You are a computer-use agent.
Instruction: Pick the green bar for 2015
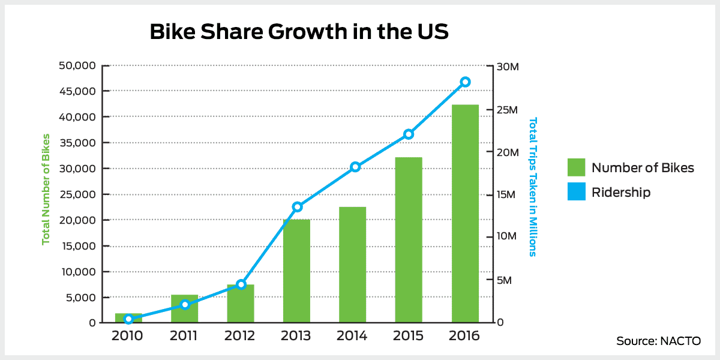click(x=409, y=240)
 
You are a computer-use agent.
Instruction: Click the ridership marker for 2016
click(x=465, y=82)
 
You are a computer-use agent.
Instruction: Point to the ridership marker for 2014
click(x=355, y=167)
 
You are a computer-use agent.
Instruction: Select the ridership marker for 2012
click(x=241, y=284)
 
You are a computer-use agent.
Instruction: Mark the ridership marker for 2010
click(x=128, y=319)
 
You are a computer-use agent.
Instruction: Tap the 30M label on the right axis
click(x=509, y=66)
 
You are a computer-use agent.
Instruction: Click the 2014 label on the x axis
click(x=352, y=336)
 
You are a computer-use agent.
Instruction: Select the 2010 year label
click(x=127, y=336)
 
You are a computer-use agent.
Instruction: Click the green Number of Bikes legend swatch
click(x=576, y=167)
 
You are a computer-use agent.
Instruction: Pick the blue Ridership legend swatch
click(x=576, y=192)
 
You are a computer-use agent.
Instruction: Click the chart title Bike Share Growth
click(x=299, y=32)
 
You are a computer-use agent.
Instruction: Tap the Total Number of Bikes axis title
click(x=46, y=194)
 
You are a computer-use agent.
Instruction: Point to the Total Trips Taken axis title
click(x=532, y=186)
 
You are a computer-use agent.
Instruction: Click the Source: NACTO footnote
click(x=658, y=341)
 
